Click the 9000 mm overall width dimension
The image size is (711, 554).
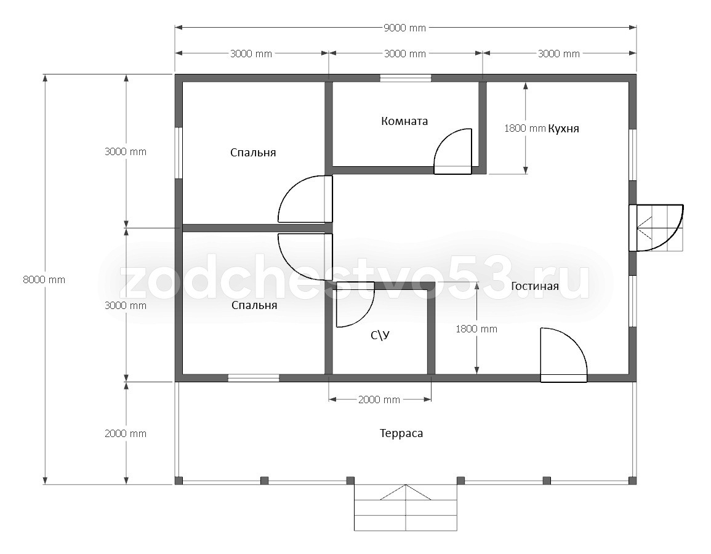point(405,28)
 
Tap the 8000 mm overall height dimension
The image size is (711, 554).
point(44,279)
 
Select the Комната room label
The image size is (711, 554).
point(404,121)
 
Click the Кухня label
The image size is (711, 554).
point(564,128)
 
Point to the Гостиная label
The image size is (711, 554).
point(534,286)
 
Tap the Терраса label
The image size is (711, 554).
point(401,433)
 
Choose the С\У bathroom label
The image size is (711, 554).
point(380,335)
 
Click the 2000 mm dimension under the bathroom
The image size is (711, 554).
point(379,399)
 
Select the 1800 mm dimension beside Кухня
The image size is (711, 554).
point(524,128)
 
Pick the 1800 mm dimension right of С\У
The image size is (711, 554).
point(476,329)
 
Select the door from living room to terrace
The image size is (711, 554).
point(564,355)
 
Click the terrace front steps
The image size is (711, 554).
point(406,507)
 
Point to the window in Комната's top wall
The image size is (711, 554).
point(406,78)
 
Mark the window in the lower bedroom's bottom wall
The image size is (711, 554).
point(254,378)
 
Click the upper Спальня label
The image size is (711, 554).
point(253,152)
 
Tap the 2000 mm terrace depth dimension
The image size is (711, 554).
point(126,433)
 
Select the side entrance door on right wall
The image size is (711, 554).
point(656,228)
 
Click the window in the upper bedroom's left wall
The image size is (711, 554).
point(179,153)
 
